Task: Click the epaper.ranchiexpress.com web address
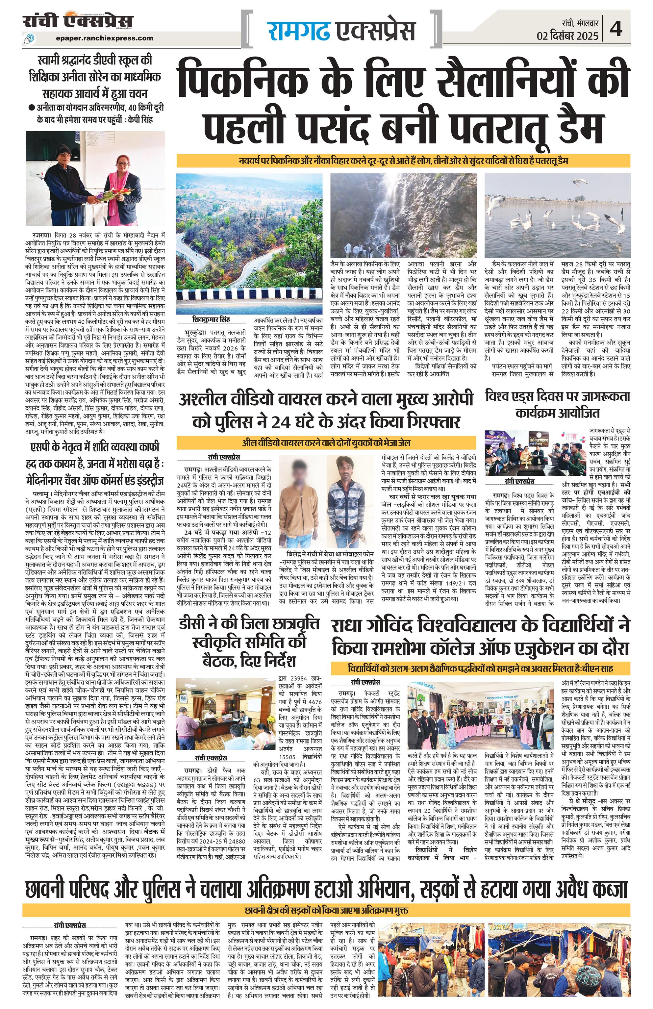[x=104, y=38]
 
